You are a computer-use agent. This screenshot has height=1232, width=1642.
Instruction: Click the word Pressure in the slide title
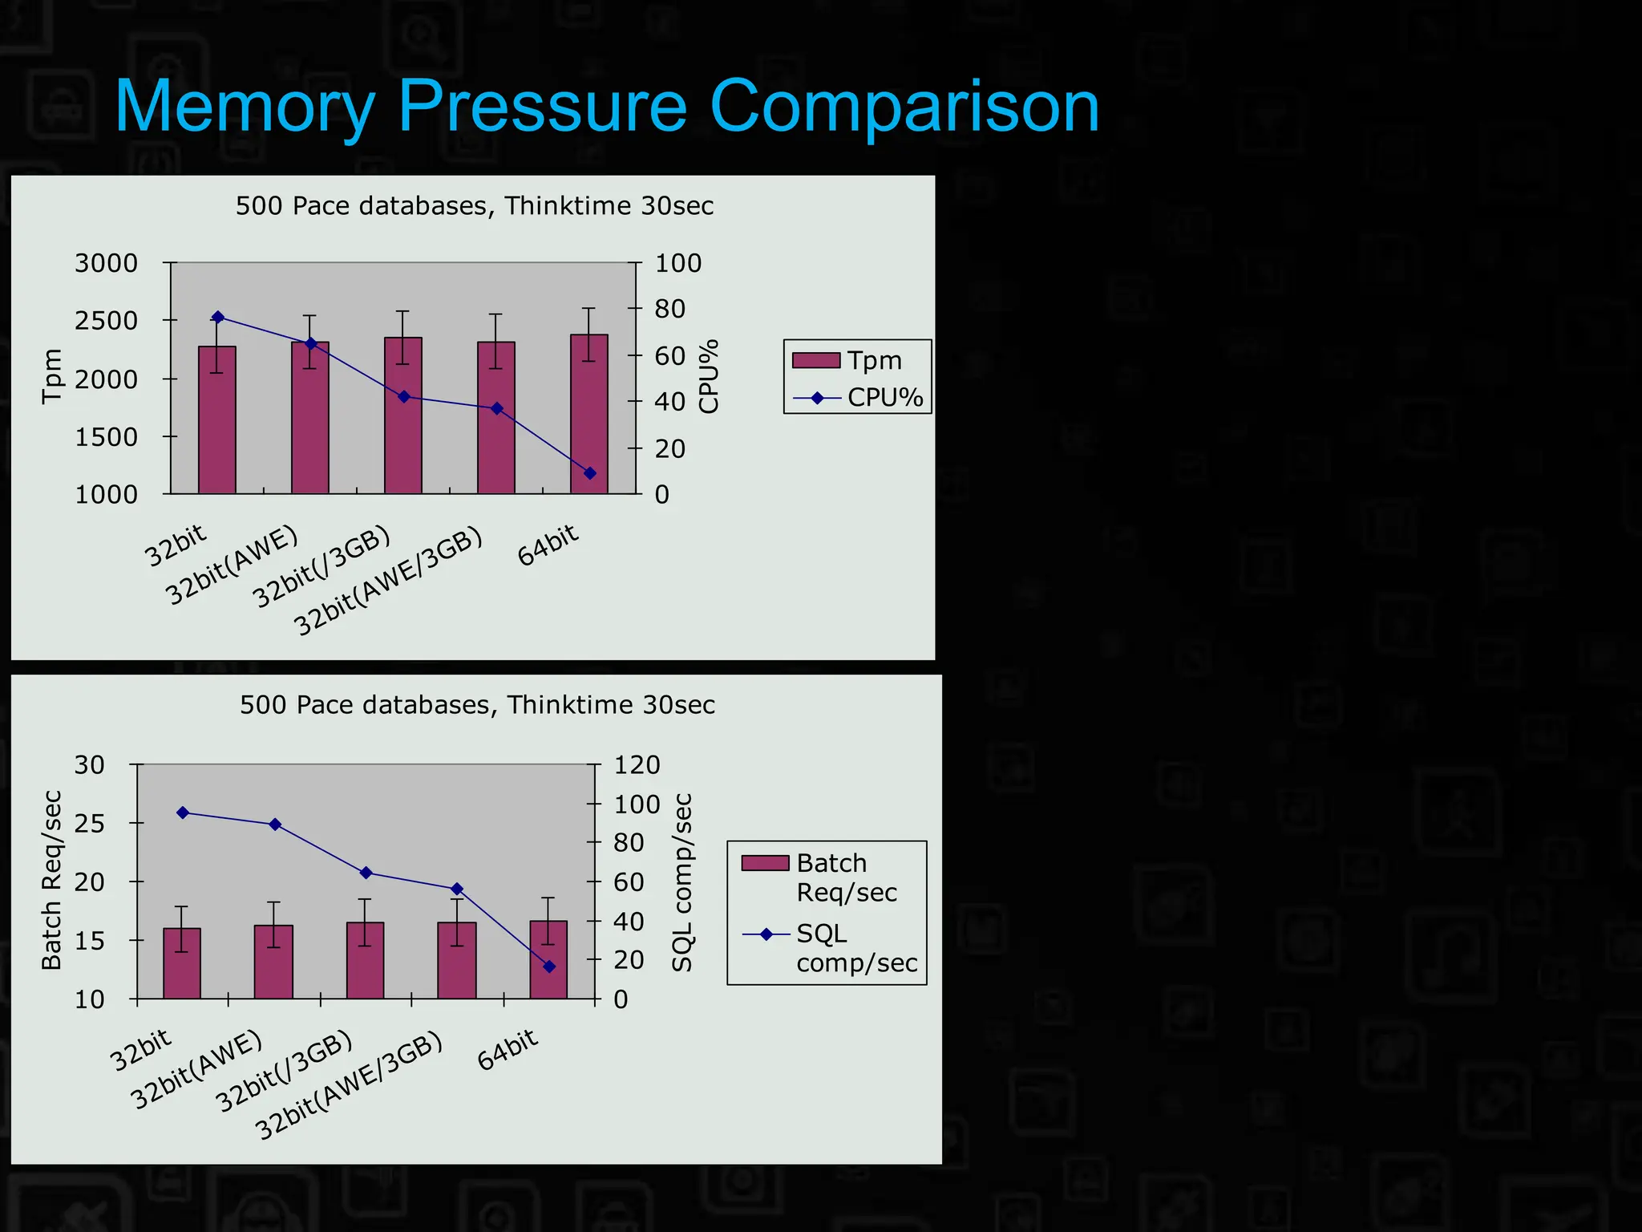point(542,107)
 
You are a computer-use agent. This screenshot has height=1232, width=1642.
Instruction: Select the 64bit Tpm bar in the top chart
point(589,417)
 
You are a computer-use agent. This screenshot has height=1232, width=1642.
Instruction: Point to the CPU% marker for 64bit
point(590,473)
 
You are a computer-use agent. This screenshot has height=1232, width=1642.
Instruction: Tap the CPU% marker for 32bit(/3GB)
point(404,397)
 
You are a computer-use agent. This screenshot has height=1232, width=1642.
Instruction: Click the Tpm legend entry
point(856,361)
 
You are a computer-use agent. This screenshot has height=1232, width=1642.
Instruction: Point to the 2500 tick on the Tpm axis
point(106,321)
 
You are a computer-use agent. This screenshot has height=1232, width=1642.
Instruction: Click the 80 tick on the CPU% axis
point(670,309)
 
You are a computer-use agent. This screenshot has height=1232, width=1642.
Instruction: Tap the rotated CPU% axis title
point(709,376)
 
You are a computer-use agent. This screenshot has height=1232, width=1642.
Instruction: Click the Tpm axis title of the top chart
point(51,376)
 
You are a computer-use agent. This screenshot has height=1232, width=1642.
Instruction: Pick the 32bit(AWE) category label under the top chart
point(232,566)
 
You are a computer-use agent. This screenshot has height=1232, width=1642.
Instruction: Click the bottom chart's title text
point(477,705)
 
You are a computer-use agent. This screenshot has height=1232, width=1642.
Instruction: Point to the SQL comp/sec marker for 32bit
point(183,813)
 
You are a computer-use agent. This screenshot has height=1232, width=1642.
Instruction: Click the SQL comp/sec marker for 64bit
point(549,967)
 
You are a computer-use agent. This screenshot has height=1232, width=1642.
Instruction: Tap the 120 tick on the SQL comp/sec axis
point(637,765)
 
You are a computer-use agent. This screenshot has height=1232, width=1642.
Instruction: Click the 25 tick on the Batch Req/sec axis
point(89,824)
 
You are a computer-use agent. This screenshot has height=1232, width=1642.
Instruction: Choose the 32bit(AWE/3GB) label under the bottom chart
point(349,1086)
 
